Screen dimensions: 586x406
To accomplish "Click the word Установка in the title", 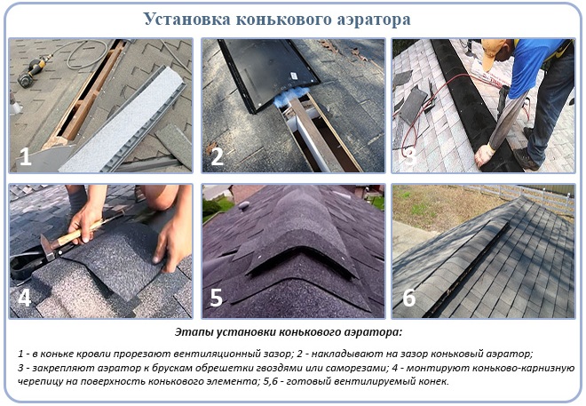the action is click(x=186, y=19).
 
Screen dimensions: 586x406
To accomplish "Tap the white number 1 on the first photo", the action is click(x=26, y=156).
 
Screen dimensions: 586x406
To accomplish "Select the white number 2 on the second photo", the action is click(x=217, y=156).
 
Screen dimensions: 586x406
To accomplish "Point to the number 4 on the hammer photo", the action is click(x=25, y=298).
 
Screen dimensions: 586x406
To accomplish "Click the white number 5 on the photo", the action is click(x=217, y=298).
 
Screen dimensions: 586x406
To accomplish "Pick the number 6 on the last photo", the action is click(x=408, y=298).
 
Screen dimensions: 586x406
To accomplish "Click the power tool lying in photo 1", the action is click(x=34, y=70).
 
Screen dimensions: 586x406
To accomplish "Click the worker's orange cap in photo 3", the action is click(x=490, y=53).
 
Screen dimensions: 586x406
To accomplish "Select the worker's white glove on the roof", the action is click(x=484, y=154).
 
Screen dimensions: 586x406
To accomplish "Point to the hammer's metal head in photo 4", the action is click(x=47, y=246).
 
